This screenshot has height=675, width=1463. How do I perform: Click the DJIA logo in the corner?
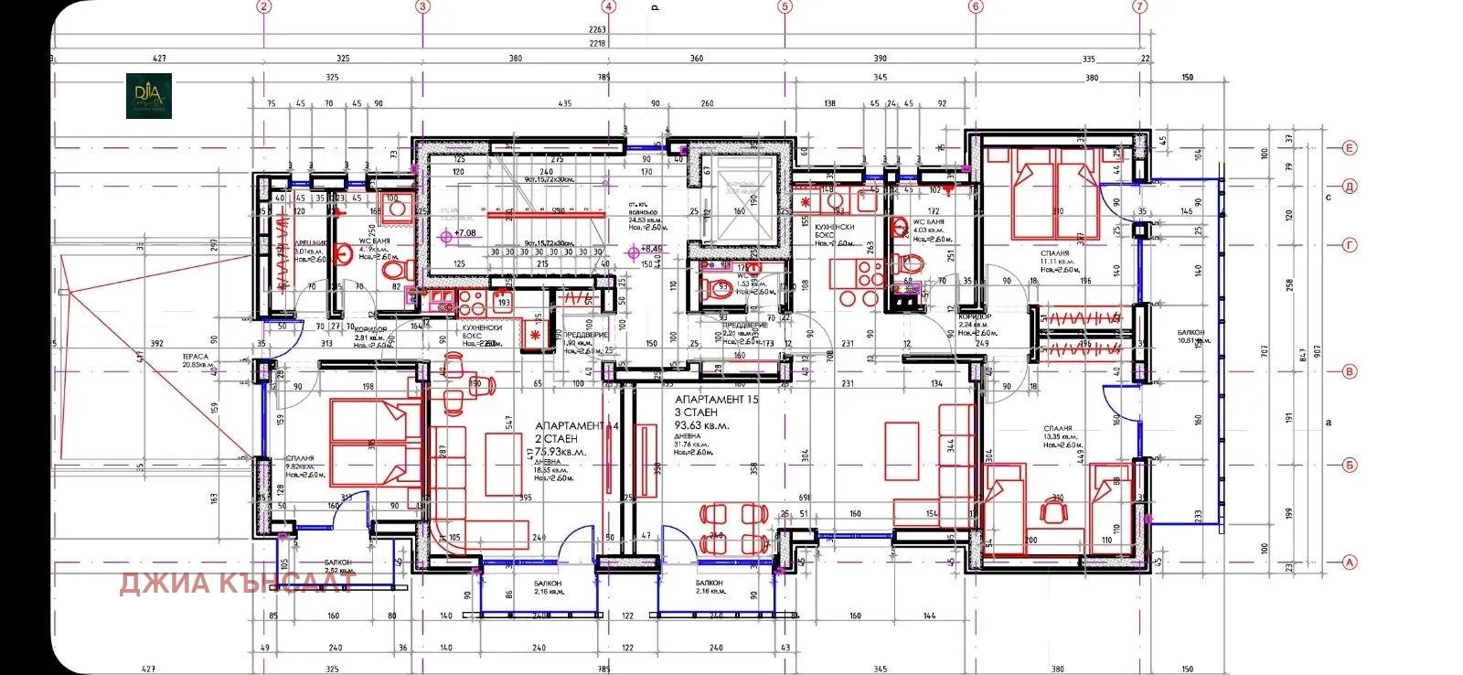(x=148, y=95)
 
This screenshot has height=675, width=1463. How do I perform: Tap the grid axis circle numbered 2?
(x=264, y=6)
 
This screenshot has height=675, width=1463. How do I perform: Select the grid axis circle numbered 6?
(x=975, y=6)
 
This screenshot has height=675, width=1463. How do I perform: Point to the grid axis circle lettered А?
(x=1349, y=563)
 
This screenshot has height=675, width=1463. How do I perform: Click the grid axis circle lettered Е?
(x=1349, y=147)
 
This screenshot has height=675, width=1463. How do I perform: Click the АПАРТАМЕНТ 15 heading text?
(x=716, y=400)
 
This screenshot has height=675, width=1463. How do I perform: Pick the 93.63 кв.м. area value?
(x=702, y=425)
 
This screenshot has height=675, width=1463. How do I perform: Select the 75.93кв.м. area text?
(x=556, y=452)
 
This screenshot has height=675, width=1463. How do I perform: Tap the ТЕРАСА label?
(x=196, y=358)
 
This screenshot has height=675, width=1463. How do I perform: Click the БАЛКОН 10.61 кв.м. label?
(x=1191, y=336)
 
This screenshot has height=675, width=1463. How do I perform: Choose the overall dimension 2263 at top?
(x=598, y=29)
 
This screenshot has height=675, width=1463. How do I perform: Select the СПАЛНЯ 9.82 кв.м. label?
(x=301, y=463)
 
